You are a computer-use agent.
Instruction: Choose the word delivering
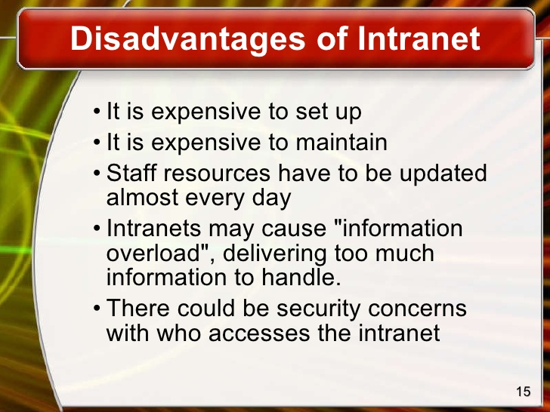[x=286, y=253]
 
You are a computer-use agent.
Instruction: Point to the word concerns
[x=417, y=308]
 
